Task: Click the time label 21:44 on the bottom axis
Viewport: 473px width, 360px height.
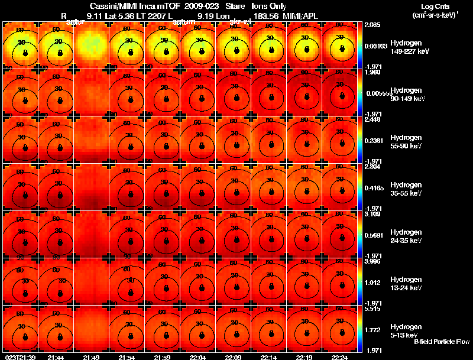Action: click(x=56, y=357)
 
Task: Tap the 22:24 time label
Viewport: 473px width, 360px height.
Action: click(x=339, y=357)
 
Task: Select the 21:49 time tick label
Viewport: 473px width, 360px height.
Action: click(x=91, y=357)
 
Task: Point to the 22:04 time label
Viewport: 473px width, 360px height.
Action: click(x=197, y=357)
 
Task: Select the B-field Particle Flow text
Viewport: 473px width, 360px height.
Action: click(x=441, y=342)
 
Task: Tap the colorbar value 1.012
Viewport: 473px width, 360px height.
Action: click(x=372, y=283)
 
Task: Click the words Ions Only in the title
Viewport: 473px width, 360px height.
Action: click(x=269, y=6)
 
